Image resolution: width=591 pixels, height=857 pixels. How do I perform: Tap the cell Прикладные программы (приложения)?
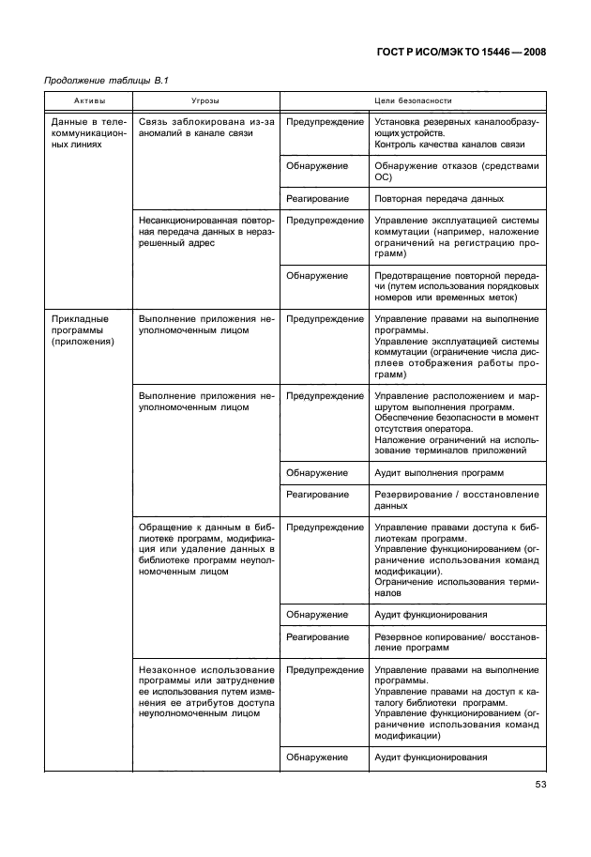pyautogui.click(x=83, y=330)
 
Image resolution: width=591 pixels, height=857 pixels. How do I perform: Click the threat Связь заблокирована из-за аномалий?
pyautogui.click(x=205, y=128)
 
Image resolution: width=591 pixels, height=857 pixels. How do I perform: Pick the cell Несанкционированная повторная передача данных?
pyautogui.click(x=205, y=231)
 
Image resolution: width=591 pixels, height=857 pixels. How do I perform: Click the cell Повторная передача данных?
pyautogui.click(x=438, y=199)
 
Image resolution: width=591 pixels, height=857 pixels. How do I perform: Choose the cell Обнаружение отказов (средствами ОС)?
pyautogui.click(x=456, y=171)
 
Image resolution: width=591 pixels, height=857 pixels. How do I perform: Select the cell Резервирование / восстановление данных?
pyautogui.click(x=456, y=499)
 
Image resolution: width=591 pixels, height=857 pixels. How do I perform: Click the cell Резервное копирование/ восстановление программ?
pyautogui.click(x=456, y=642)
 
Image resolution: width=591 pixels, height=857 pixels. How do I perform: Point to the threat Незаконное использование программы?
pyautogui.click(x=205, y=691)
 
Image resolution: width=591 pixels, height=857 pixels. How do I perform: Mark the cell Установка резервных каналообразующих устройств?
pyautogui.click(x=456, y=128)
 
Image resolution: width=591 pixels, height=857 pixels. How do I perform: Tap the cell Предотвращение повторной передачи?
pyautogui.click(x=456, y=286)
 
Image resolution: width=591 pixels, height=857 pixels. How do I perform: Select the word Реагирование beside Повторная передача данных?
pyautogui.click(x=318, y=199)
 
